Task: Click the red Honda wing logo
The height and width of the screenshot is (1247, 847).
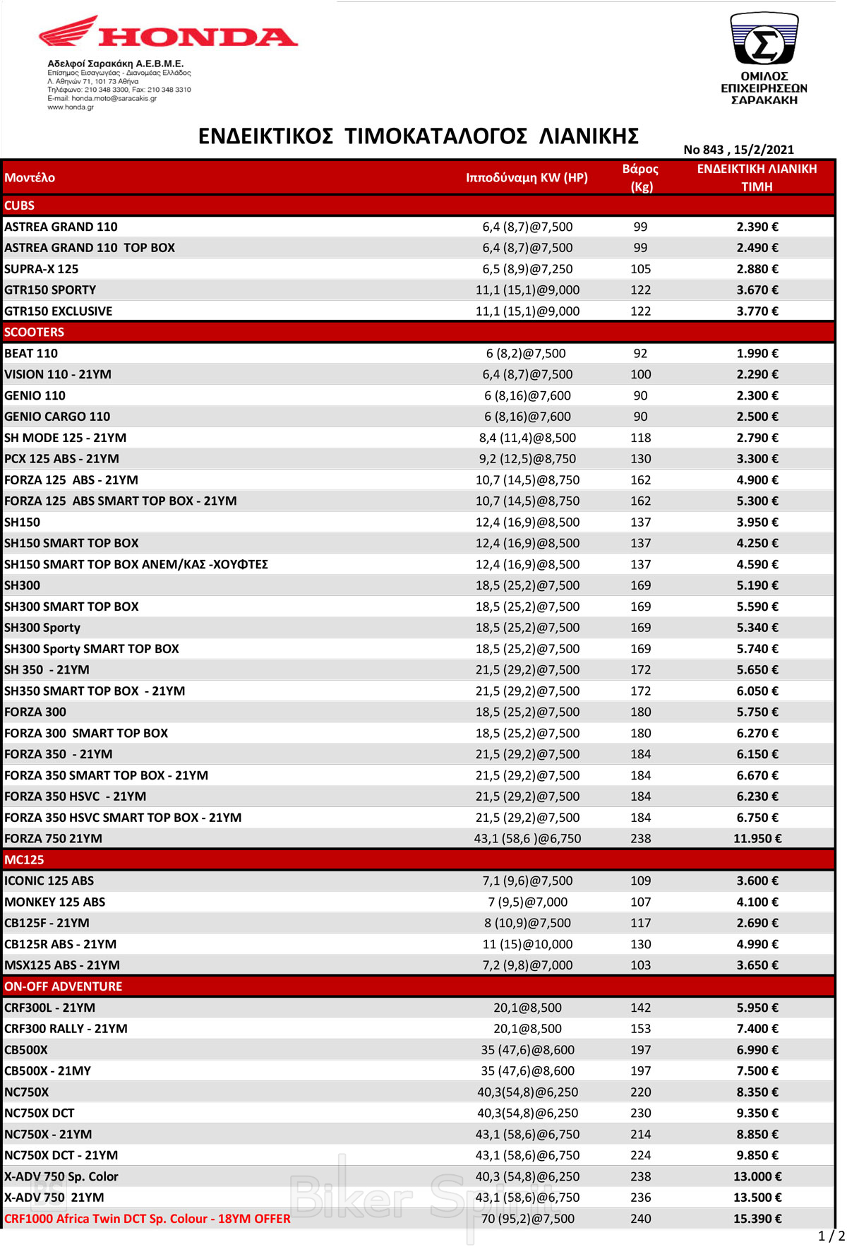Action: pyautogui.click(x=69, y=32)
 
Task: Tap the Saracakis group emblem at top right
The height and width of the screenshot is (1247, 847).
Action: pyautogui.click(x=764, y=40)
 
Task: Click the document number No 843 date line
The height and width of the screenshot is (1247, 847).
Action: pyautogui.click(x=738, y=150)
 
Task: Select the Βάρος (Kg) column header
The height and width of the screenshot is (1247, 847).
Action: pyautogui.click(x=640, y=177)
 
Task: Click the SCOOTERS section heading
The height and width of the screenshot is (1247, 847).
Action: pyautogui.click(x=34, y=332)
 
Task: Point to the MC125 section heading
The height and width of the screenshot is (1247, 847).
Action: pyautogui.click(x=24, y=859)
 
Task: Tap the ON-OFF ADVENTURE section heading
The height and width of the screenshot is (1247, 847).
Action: pyautogui.click(x=63, y=986)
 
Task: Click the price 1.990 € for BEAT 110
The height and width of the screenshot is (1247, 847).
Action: pyautogui.click(x=757, y=353)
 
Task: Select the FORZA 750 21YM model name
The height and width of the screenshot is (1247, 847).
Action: pyautogui.click(x=53, y=838)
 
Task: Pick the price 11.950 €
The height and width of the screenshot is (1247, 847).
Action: pyautogui.click(x=757, y=838)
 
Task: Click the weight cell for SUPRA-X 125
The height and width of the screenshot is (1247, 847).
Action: pyautogui.click(x=640, y=269)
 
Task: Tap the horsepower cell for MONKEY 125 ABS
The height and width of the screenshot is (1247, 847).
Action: pyautogui.click(x=527, y=902)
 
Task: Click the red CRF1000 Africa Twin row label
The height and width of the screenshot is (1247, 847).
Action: pyautogui.click(x=147, y=1219)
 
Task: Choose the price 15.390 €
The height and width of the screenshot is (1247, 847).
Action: pyautogui.click(x=757, y=1219)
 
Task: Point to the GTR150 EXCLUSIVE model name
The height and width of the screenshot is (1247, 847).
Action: pyautogui.click(x=58, y=311)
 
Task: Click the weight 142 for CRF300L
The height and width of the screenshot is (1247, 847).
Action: pyautogui.click(x=640, y=1008)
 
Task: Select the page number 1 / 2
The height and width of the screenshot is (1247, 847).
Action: pyautogui.click(x=831, y=1236)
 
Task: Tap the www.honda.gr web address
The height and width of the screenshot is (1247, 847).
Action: pyautogui.click(x=71, y=107)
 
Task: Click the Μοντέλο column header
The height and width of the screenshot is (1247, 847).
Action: pyautogui.click(x=30, y=177)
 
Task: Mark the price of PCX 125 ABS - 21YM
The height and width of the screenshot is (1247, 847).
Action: pyautogui.click(x=757, y=459)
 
